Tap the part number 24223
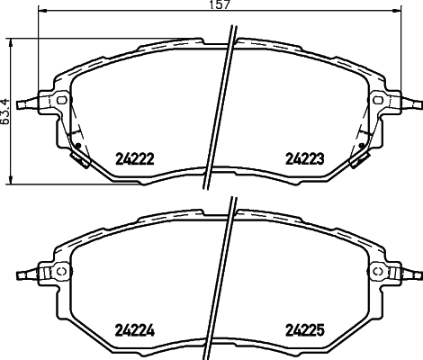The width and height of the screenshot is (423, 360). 303,159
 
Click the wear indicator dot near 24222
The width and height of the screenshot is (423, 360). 78,146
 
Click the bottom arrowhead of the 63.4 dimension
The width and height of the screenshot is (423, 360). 11,176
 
